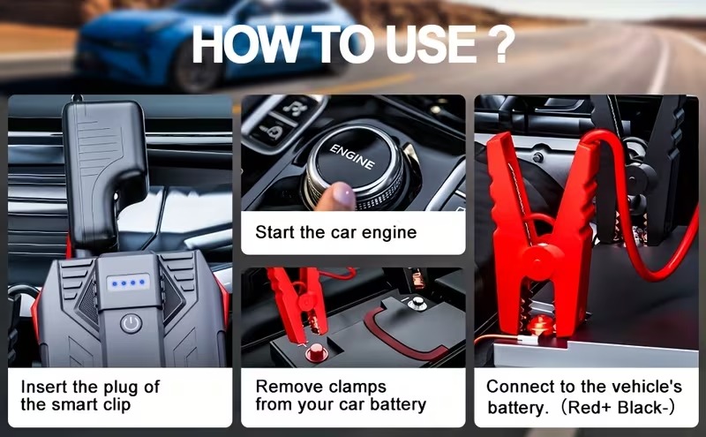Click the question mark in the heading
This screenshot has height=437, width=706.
coord(502,44)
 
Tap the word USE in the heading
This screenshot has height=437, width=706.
coord(431,44)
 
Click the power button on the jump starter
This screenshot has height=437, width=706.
coord(131,323)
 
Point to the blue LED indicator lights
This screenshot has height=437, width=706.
coord(128,283)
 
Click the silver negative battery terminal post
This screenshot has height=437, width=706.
coord(417,303)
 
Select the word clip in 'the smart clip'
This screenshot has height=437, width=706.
coord(117,405)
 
